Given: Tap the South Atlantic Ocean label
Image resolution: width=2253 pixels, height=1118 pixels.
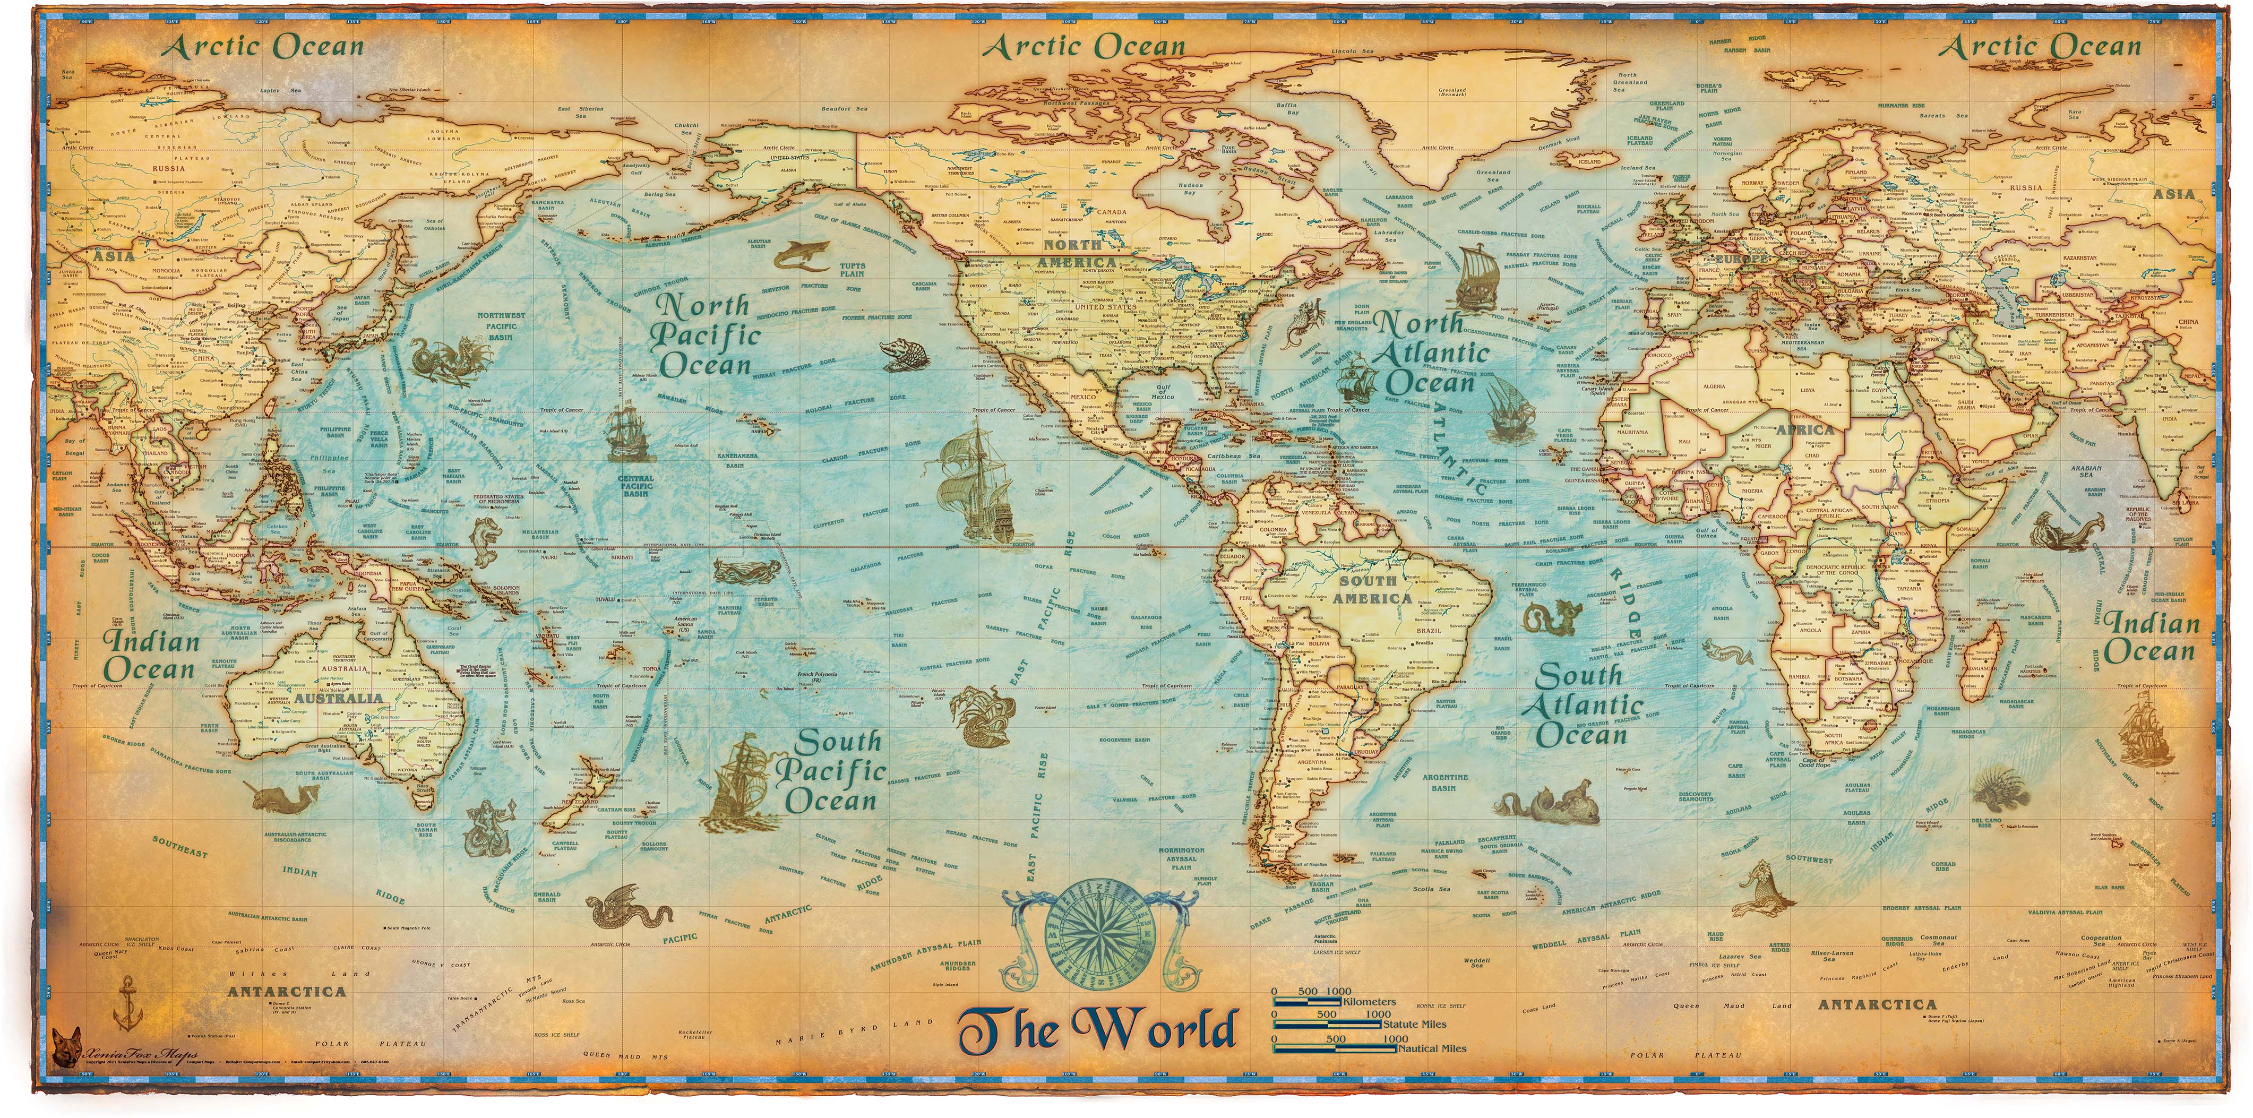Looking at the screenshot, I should pos(1581,704).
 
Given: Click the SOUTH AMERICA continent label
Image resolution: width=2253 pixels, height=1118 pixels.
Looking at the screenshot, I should pos(1371,590).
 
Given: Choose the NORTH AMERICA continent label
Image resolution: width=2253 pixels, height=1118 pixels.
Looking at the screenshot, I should pos(1078,254).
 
